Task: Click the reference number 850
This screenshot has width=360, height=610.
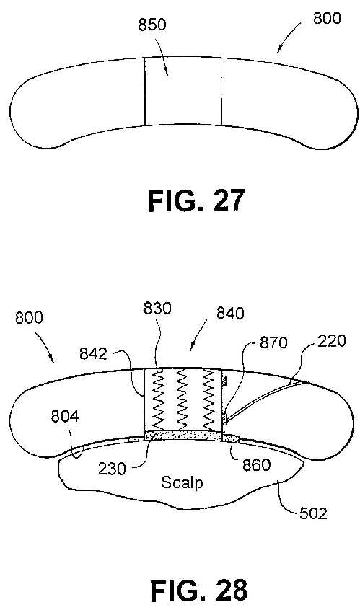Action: click(152, 25)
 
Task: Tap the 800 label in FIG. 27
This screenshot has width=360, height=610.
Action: click(327, 18)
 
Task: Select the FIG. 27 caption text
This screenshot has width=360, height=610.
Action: click(196, 200)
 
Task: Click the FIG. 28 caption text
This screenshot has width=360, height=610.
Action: click(199, 591)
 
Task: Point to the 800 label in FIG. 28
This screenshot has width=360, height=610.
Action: click(29, 317)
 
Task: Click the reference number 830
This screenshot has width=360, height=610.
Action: click(157, 308)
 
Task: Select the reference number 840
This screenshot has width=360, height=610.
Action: click(230, 313)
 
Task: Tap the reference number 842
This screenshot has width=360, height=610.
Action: click(93, 353)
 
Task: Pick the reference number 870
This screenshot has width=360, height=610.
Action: click(273, 342)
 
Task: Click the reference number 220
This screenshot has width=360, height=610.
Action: click(332, 341)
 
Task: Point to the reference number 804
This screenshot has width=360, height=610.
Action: click(65, 416)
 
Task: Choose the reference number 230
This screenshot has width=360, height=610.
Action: click(112, 469)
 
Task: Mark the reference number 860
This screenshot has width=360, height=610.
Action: click(257, 465)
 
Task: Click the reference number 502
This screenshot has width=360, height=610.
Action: click(313, 513)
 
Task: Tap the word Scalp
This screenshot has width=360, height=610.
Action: click(182, 483)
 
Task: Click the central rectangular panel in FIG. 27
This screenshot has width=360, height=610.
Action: click(183, 92)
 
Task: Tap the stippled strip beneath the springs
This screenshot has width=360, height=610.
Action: click(183, 436)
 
